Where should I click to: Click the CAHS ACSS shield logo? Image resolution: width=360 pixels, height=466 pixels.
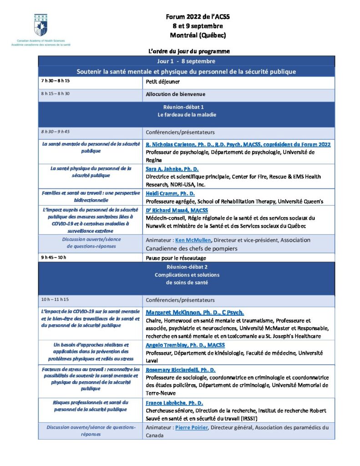[x=40, y=25]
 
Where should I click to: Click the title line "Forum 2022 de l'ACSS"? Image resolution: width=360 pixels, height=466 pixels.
[x=198, y=17]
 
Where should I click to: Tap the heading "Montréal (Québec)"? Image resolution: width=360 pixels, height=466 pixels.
[x=198, y=35]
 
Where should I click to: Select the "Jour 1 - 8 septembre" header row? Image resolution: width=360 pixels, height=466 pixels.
[x=186, y=61]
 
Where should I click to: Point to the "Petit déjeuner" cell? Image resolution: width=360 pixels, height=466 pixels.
[x=163, y=82]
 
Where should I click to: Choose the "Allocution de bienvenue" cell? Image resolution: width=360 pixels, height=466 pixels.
[x=176, y=94]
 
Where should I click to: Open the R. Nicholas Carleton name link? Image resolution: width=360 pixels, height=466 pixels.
[x=238, y=144]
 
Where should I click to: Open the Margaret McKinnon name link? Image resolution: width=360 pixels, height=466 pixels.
[x=195, y=313]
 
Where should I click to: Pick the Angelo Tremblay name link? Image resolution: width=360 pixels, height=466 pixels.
[x=185, y=345]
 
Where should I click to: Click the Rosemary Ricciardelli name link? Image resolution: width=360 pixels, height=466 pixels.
[x=181, y=370]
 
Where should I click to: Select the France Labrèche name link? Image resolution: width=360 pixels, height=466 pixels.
[x=174, y=403]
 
